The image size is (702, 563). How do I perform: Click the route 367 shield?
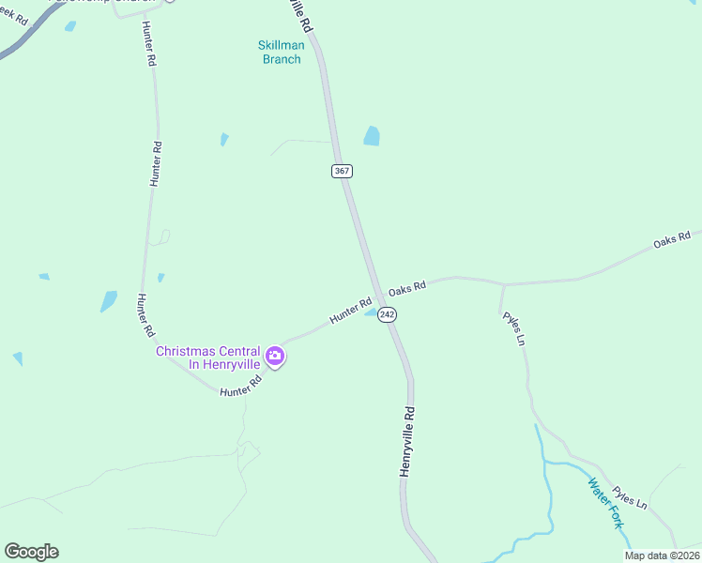[x=342, y=171]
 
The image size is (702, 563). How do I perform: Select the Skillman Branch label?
[x=280, y=52]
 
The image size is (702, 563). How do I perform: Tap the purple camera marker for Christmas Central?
[x=275, y=356]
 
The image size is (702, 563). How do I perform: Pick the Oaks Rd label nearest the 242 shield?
[x=407, y=286]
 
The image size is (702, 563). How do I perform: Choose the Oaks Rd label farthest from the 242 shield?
[x=672, y=240]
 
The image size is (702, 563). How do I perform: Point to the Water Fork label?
[x=604, y=503]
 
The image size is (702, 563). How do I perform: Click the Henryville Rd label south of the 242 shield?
[x=407, y=441]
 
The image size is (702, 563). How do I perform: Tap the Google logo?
[x=31, y=552]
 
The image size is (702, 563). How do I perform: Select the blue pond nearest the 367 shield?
[x=372, y=136]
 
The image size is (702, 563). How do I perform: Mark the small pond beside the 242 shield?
[x=372, y=312]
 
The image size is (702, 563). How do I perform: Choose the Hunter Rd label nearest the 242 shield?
[x=350, y=312]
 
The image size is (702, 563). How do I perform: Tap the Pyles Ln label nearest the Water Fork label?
[x=629, y=497]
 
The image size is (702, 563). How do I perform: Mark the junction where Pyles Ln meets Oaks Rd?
[x=503, y=283]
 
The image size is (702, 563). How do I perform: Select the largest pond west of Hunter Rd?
[x=109, y=301]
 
